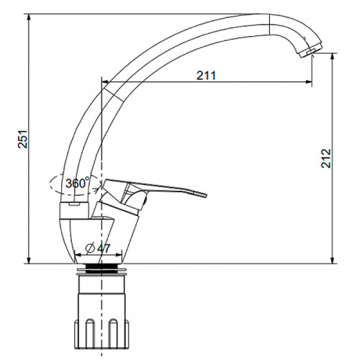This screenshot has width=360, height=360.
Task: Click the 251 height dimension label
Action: tap(23, 139)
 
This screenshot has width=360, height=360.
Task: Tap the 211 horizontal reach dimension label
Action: tap(206, 76)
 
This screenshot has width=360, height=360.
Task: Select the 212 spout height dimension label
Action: tap(326, 158)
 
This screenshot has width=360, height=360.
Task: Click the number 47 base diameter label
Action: tap(104, 248)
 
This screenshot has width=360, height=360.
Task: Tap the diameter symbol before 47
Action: tap(91, 248)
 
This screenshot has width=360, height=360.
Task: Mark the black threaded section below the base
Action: tap(101, 269)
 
